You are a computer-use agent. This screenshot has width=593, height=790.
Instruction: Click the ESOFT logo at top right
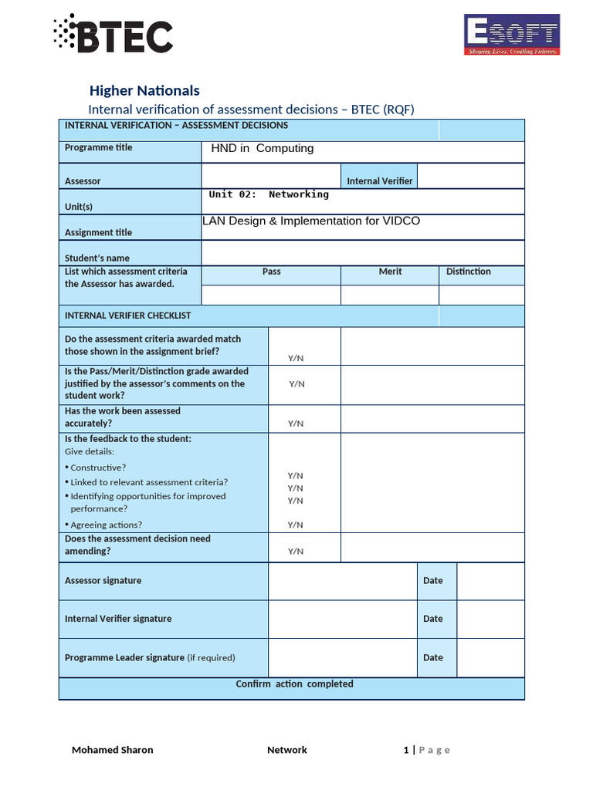[x=511, y=35]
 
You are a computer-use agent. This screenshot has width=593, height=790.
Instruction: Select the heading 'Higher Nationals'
[x=144, y=91]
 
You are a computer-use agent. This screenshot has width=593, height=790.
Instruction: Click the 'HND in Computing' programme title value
[x=263, y=149]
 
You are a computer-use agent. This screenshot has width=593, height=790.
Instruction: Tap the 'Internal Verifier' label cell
[x=379, y=181]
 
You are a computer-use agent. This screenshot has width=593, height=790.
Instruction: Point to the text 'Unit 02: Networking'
[x=269, y=194]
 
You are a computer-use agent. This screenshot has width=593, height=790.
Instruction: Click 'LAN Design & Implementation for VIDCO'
[x=311, y=221]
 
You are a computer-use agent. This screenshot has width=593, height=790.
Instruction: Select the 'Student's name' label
[x=97, y=258]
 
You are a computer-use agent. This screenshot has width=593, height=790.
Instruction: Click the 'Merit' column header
[x=390, y=272]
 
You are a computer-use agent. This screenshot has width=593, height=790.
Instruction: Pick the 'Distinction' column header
[x=468, y=272]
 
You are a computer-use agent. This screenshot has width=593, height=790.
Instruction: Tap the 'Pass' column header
[x=271, y=272]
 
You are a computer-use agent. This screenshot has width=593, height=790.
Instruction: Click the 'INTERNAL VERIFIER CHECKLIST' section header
[x=128, y=316]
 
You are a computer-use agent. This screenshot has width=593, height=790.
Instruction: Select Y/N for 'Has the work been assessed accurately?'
[x=296, y=424]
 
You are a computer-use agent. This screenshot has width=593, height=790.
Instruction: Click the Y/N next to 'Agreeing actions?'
[x=296, y=525]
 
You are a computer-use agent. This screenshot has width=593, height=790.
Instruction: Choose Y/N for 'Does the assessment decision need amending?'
[x=296, y=552]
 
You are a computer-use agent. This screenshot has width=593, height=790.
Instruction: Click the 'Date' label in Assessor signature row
[x=433, y=581]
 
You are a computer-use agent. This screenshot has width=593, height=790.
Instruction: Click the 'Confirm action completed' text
[x=294, y=684]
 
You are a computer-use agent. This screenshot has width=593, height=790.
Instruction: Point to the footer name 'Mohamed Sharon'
[x=112, y=750]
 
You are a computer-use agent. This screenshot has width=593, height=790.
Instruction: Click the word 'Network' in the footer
[x=286, y=750]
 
